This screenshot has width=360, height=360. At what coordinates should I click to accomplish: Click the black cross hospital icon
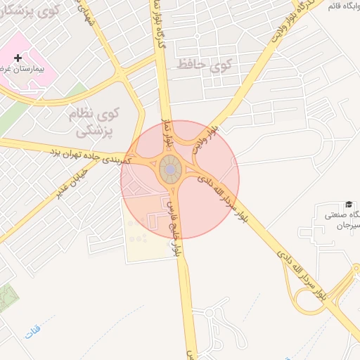pyautogui.click(x=18, y=57)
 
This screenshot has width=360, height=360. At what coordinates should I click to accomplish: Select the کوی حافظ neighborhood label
pyautogui.click(x=204, y=65)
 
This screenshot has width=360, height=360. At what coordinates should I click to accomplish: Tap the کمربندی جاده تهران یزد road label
pyautogui.click(x=88, y=154)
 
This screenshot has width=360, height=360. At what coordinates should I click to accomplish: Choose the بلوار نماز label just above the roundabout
pyautogui.click(x=167, y=130)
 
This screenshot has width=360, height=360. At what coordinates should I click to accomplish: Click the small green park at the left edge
pyautogui.click(x=7, y=299)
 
